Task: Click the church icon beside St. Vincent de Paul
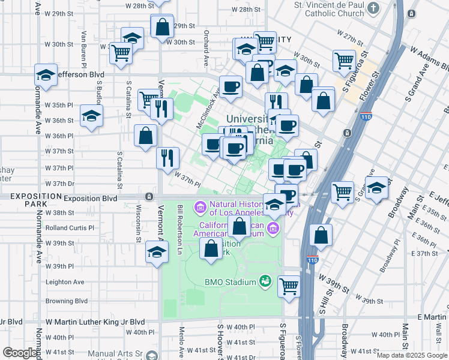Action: tap(373, 8)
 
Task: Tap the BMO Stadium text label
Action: tap(230, 281)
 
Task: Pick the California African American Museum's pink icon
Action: tap(273, 227)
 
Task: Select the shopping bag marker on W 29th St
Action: tap(162, 26)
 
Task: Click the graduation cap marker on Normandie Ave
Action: tap(46, 75)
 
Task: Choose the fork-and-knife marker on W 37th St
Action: tap(167, 158)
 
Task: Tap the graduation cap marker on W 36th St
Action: tap(91, 116)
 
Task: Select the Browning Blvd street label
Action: tap(67, 301)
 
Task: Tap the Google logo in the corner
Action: tap(20, 352)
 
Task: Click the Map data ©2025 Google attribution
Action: tap(411, 355)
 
